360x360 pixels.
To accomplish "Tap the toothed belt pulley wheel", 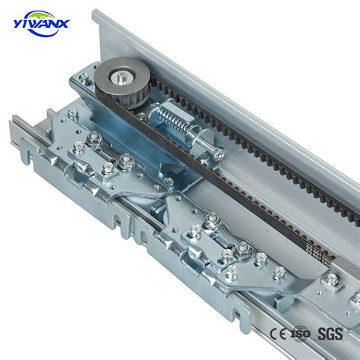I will tap(122, 80).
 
